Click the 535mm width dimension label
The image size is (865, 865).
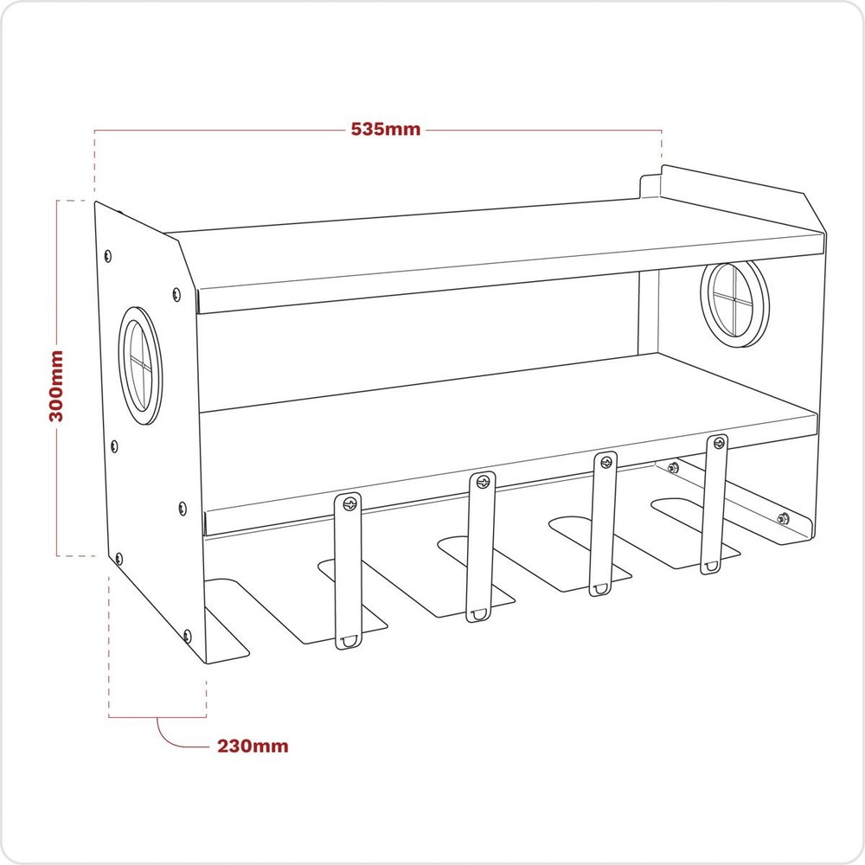point(386,130)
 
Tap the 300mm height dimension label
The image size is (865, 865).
point(57,385)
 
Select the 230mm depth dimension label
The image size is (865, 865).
point(253,746)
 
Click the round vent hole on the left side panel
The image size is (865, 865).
point(140,365)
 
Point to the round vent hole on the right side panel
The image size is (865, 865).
point(734,303)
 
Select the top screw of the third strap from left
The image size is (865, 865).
point(605,461)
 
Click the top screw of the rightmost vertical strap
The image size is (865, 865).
point(717,445)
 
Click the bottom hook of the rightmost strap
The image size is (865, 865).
point(711,567)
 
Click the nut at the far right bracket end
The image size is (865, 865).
point(781,519)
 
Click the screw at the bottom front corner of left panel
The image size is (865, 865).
point(185,636)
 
